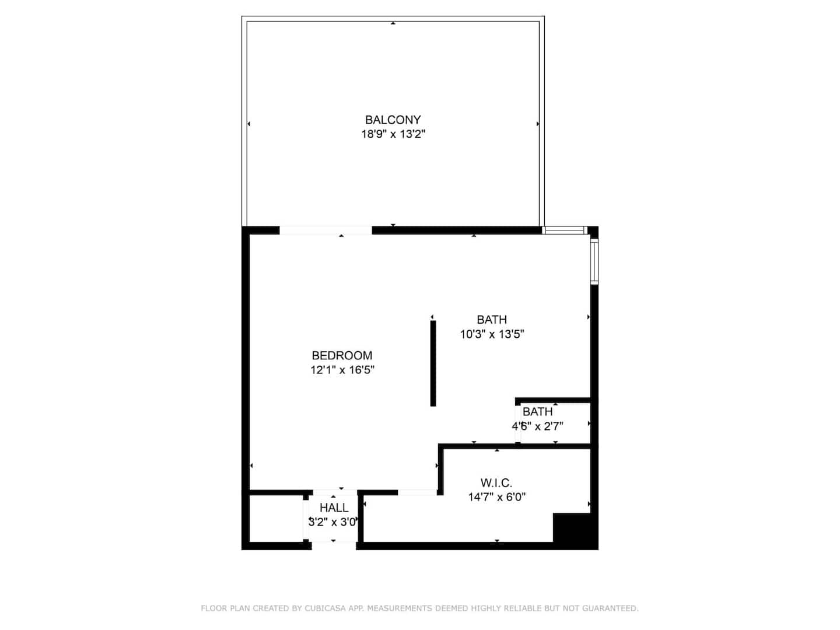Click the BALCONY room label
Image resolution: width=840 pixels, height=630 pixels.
point(393,120)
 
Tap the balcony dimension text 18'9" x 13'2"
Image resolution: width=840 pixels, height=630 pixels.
point(393,134)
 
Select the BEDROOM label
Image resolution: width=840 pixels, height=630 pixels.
point(342,355)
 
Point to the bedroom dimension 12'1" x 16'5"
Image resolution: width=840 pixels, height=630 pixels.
point(342,370)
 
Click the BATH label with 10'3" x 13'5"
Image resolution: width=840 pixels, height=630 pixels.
point(491,320)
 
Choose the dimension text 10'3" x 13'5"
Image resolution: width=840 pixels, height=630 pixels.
point(491,334)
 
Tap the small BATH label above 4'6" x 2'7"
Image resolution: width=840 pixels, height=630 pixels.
point(537,412)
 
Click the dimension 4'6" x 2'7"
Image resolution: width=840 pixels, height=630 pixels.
point(537,426)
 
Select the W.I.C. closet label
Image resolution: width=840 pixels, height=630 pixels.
point(496,482)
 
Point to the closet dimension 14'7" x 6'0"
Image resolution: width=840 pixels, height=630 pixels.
point(496,497)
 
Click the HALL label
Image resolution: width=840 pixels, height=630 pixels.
point(334,508)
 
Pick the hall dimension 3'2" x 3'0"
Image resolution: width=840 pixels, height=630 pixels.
point(333,522)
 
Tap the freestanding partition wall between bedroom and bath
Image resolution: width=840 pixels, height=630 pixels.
point(433,363)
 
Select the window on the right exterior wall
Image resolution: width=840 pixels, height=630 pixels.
point(594,262)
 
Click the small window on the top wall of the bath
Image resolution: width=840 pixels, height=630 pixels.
point(565,230)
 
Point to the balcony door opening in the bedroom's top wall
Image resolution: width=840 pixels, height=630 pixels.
point(325,230)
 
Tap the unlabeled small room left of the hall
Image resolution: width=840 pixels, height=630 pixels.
point(276,519)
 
